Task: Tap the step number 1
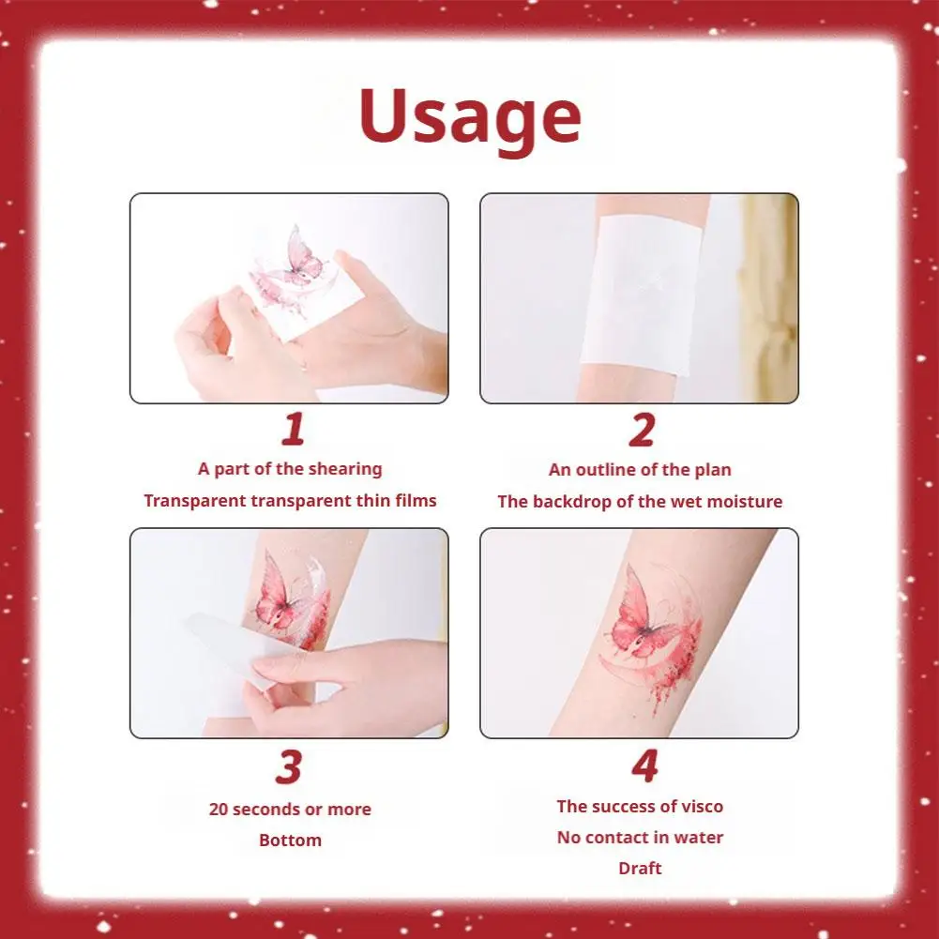(294, 431)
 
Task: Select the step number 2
(641, 431)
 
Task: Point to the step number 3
(289, 767)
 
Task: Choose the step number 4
(644, 767)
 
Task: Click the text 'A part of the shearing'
(290, 468)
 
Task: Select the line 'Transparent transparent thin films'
(290, 500)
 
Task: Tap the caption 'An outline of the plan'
(640, 469)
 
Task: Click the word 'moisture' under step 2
(745, 501)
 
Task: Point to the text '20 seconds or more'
(290, 809)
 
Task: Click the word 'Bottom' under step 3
(290, 840)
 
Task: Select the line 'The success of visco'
(640, 806)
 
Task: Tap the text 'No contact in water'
(640, 837)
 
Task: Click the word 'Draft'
(640, 868)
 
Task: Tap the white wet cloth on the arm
(640, 291)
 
